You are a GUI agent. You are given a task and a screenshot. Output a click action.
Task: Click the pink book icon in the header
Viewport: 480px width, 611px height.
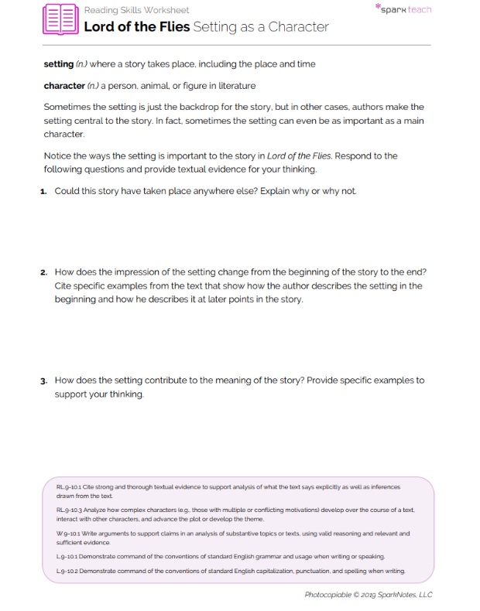tap(60, 19)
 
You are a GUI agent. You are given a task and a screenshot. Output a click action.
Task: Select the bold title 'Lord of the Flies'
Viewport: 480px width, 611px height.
tap(135, 27)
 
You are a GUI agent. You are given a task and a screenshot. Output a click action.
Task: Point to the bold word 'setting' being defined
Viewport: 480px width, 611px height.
tap(58, 63)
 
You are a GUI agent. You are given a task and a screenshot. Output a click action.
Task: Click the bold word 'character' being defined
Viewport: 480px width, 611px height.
tap(64, 85)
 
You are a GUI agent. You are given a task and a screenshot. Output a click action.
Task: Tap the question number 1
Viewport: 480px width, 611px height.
tap(46, 190)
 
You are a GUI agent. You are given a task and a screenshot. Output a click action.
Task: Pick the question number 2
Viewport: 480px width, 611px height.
tap(46, 272)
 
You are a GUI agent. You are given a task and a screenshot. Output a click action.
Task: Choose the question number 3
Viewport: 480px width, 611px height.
tap(46, 381)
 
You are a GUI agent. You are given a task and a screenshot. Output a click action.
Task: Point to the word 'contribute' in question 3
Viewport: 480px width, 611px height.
tap(183, 381)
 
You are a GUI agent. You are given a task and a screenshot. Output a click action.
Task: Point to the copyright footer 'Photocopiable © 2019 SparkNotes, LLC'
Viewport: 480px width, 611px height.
tap(369, 594)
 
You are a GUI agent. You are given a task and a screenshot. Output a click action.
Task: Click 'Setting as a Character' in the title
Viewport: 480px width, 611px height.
tap(261, 27)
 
